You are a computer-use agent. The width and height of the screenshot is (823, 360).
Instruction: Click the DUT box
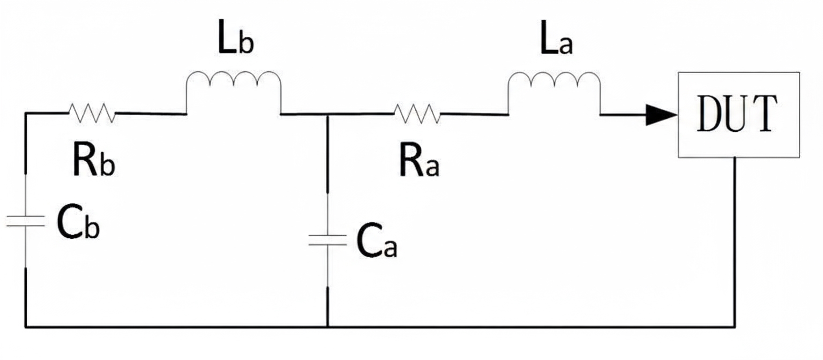coord(739,115)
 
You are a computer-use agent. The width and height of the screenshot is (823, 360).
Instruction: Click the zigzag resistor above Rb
coord(91,113)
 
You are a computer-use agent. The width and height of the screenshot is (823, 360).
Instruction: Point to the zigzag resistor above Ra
coord(417,113)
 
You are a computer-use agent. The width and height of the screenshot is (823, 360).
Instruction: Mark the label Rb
coord(93,162)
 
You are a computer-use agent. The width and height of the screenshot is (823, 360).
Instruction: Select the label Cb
coord(78,225)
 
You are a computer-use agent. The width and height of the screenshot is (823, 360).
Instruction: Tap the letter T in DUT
coord(764,115)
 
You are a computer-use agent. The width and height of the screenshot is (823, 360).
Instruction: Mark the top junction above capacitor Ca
coord(327,114)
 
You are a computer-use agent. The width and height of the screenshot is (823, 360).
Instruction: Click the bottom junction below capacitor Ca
coord(327,326)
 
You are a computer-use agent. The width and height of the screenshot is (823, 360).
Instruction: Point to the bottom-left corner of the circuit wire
coord(25,326)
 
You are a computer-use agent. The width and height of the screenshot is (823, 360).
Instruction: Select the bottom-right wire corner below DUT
coord(735,326)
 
